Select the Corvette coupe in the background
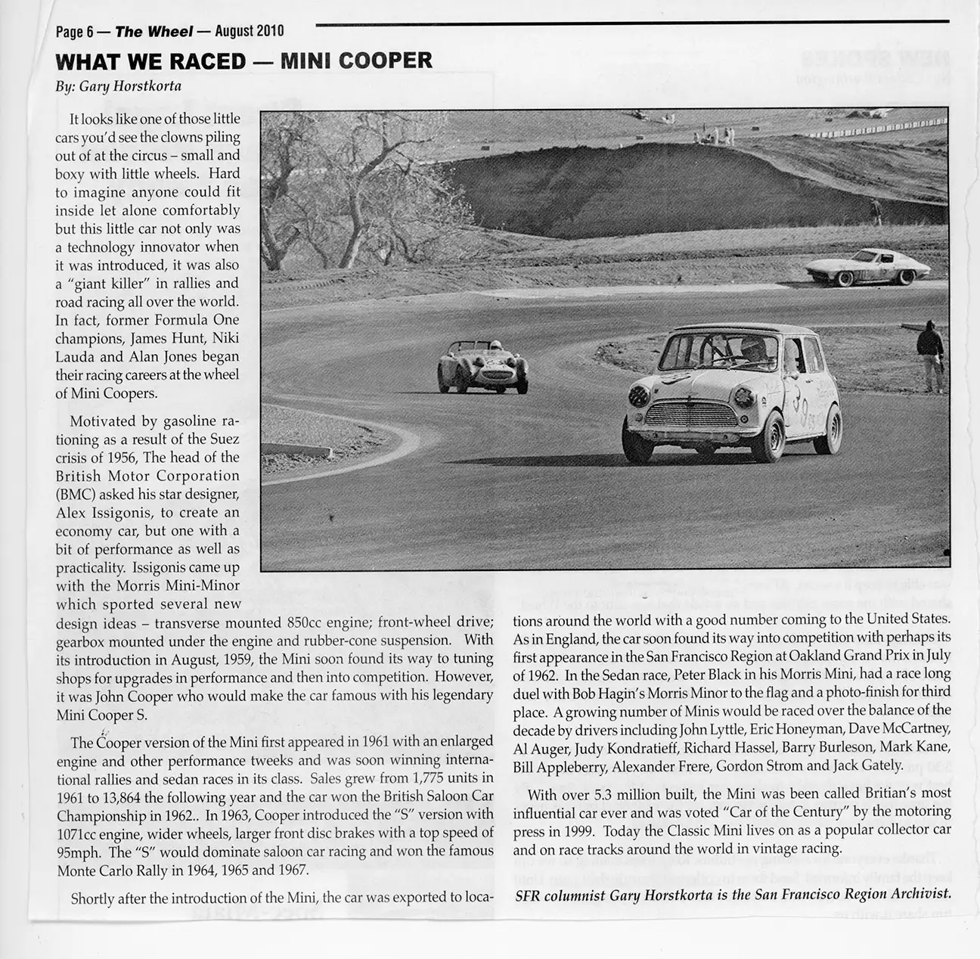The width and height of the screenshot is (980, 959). pyautogui.click(x=866, y=268)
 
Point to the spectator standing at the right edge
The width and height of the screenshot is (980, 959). pyautogui.click(x=930, y=355)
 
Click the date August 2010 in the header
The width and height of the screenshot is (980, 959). pyautogui.click(x=249, y=31)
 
